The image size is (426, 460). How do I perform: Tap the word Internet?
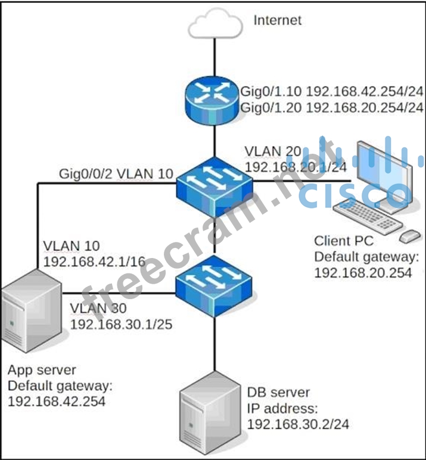coord(278,20)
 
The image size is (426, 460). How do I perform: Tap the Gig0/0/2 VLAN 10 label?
coord(116,174)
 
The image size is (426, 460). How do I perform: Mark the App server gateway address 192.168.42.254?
coord(57,401)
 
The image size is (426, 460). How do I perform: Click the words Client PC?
coord(344,241)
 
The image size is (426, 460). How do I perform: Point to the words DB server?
coord(278,393)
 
